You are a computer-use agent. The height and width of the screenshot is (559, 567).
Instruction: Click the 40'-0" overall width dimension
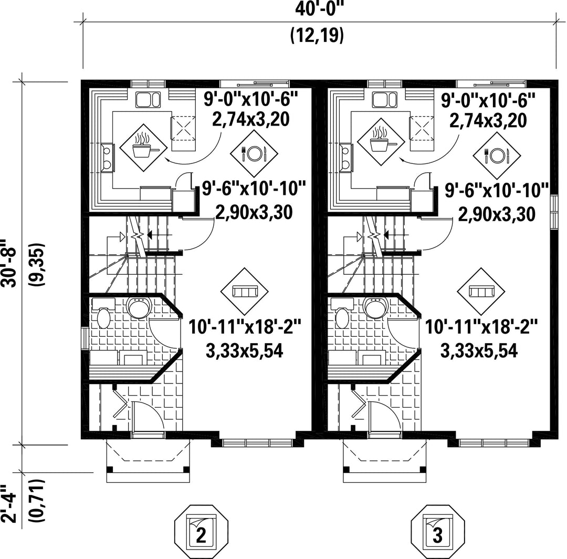[318, 9]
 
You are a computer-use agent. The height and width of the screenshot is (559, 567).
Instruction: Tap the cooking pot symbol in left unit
[143, 148]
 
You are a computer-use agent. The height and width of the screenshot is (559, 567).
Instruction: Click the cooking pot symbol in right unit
[381, 142]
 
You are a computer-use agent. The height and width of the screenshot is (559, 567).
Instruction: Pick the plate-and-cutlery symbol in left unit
[254, 154]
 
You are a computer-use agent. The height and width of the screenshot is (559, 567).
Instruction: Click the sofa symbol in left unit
[245, 291]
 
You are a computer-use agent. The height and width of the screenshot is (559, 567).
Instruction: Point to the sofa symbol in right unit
[481, 291]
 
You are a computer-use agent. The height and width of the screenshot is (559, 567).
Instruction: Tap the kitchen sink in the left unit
[148, 99]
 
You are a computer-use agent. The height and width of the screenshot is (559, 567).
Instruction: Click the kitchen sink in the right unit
[385, 99]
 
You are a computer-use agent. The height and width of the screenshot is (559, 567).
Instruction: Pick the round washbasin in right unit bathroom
[375, 307]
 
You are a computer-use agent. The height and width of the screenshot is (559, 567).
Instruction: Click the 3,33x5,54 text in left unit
[244, 350]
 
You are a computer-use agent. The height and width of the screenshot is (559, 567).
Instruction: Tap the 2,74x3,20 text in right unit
[488, 120]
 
